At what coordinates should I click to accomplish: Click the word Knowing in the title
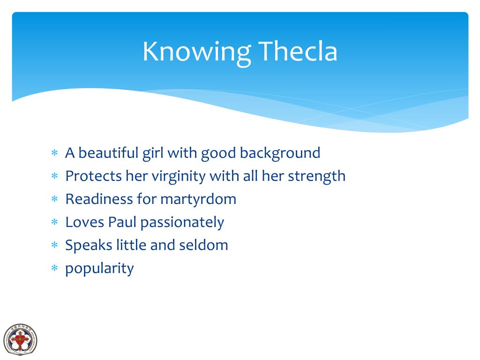(x=196, y=52)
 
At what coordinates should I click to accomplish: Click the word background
(x=280, y=153)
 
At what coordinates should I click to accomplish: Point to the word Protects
(x=93, y=176)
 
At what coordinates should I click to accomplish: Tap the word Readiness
(x=99, y=199)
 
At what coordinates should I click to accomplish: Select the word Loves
(x=85, y=222)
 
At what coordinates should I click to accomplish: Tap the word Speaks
(x=89, y=245)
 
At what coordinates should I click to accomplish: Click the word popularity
(x=99, y=269)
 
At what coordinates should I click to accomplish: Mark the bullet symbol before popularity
(x=54, y=269)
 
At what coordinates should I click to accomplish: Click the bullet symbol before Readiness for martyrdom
(x=54, y=200)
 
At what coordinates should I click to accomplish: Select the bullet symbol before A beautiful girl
(x=54, y=153)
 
